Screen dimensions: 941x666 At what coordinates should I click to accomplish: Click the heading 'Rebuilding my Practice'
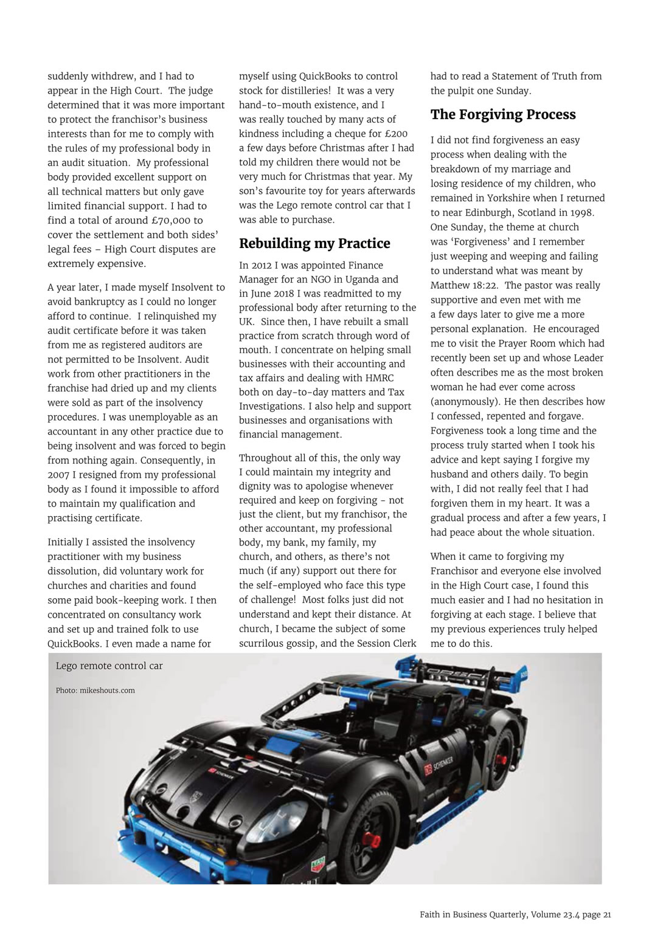[x=314, y=244]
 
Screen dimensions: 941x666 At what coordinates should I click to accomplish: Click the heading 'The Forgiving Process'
[x=503, y=115]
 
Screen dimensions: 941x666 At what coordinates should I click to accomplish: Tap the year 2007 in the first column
[x=59, y=475]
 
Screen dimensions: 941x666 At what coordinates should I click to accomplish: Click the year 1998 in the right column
[x=581, y=213]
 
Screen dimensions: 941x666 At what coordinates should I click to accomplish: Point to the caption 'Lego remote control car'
[x=109, y=666]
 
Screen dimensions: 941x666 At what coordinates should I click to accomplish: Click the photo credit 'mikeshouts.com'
[x=107, y=691]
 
